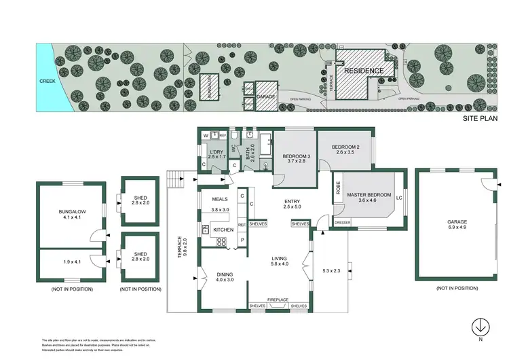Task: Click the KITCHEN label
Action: [x=223, y=230]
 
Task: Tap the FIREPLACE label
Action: [x=279, y=300]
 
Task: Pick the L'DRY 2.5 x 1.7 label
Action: [x=216, y=154]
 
